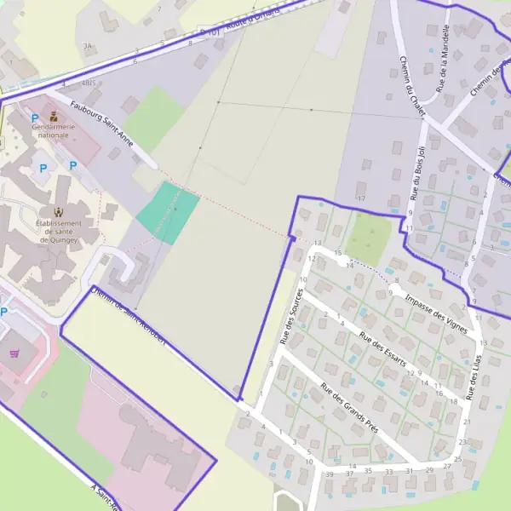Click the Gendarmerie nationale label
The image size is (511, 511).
53,131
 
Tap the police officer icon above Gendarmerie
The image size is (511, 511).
54,116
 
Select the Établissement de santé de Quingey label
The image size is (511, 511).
57,231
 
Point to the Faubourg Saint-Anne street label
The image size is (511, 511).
102,122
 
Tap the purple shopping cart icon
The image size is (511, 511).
14,353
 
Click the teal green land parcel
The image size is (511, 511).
167,213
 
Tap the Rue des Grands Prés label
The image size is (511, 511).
348,408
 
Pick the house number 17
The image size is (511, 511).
361,198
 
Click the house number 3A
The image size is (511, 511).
86,45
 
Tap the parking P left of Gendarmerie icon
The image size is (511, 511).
35,118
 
